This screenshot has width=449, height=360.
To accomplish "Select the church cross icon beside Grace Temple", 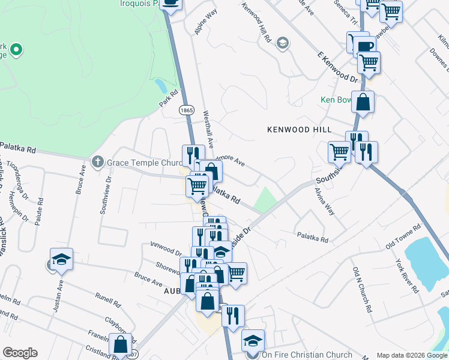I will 98,162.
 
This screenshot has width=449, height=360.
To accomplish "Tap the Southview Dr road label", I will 105,196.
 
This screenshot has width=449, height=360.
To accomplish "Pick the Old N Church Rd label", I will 361,290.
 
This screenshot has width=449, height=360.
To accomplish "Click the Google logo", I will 20,353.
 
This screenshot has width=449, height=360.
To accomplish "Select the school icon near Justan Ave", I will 61,259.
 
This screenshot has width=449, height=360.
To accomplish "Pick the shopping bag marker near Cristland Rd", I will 120,344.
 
